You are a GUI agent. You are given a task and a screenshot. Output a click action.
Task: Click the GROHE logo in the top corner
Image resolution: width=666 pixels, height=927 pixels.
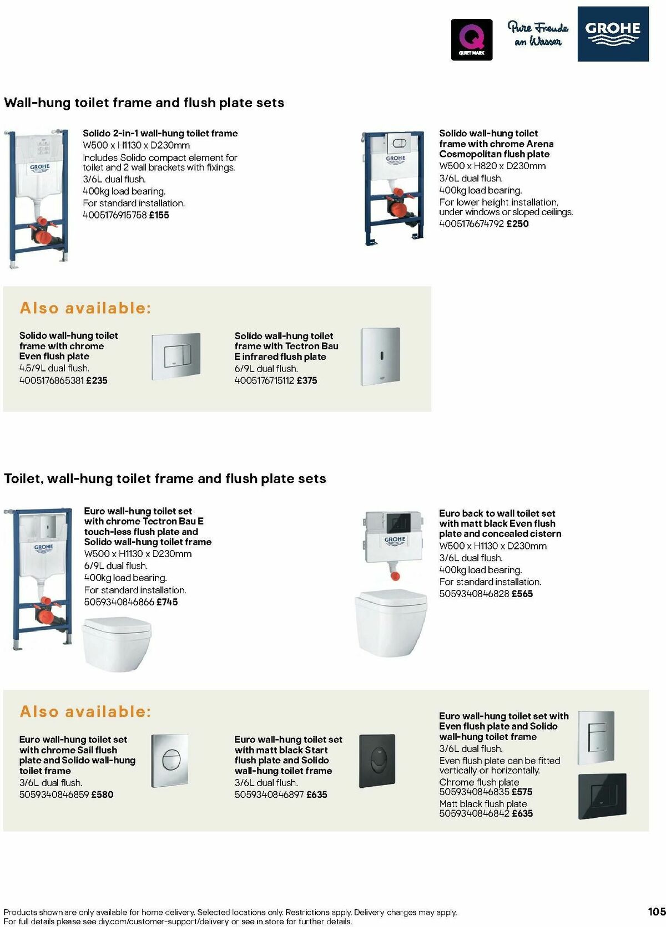[x=613, y=34]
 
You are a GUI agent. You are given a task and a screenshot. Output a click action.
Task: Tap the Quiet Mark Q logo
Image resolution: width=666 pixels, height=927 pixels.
[x=471, y=39]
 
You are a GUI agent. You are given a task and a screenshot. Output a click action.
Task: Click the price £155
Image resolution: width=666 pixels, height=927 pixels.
[x=159, y=215]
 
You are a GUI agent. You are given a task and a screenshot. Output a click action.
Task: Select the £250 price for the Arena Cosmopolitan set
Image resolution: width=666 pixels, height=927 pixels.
[x=517, y=224]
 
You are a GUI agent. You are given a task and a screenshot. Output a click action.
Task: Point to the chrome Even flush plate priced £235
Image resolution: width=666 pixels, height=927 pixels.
[x=175, y=358]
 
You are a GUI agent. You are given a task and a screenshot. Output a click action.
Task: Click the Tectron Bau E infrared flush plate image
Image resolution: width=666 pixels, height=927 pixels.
[x=380, y=356]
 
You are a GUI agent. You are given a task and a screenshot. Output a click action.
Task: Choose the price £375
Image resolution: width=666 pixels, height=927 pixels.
[x=307, y=380]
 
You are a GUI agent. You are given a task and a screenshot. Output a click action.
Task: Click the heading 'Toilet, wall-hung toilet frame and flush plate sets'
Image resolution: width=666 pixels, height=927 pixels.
[x=165, y=478]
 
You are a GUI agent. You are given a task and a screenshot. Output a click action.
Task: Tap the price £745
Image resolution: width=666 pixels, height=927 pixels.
[x=167, y=602]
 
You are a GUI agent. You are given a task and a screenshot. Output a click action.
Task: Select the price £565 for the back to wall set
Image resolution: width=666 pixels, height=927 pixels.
[x=522, y=594]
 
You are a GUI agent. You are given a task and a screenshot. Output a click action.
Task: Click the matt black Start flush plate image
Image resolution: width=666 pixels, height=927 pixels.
[x=377, y=761]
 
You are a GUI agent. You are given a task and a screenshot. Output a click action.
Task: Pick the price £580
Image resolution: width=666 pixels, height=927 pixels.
[x=102, y=794]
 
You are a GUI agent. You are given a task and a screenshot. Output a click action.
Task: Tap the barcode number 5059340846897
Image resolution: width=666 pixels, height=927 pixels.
[x=269, y=794]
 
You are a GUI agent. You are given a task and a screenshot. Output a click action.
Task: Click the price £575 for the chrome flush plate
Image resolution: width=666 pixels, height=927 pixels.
[x=522, y=792]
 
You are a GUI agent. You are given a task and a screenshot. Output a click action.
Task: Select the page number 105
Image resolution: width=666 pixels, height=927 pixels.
[x=656, y=911]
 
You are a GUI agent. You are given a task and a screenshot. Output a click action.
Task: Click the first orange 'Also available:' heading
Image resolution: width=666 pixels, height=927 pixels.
[x=85, y=308]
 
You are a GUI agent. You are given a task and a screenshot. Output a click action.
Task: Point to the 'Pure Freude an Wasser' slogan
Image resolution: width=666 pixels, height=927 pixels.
[x=537, y=34]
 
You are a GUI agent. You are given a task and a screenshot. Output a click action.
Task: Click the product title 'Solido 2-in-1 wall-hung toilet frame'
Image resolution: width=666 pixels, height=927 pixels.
[x=160, y=133]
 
